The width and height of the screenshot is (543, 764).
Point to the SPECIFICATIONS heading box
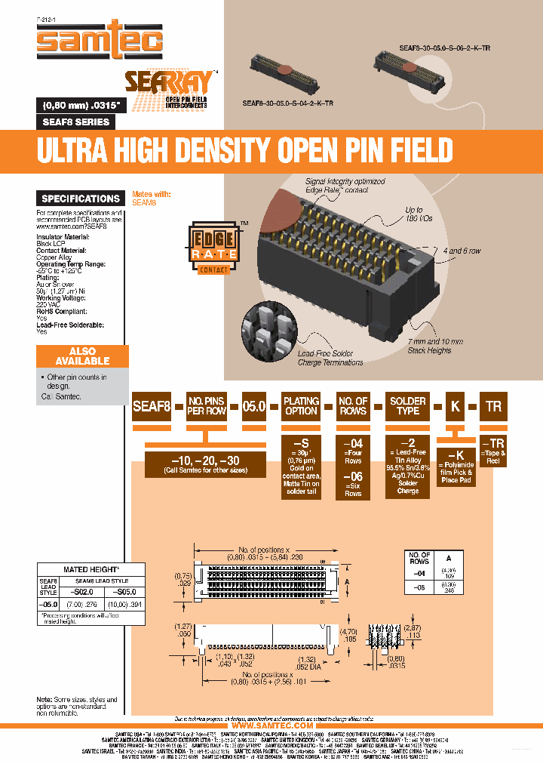pos(80,199)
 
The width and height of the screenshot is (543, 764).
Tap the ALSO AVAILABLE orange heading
pos(82,356)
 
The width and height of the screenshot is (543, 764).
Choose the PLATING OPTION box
pos(301,406)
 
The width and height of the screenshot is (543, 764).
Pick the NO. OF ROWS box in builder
pos(353,406)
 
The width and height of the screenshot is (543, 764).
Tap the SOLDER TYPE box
pos(408,406)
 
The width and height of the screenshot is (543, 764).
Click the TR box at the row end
pos(492,406)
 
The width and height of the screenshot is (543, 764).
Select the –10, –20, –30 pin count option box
pos(206,464)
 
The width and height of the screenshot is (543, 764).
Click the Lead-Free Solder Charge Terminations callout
pos(330,358)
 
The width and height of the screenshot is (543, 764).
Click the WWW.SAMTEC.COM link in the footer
pos(271,725)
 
